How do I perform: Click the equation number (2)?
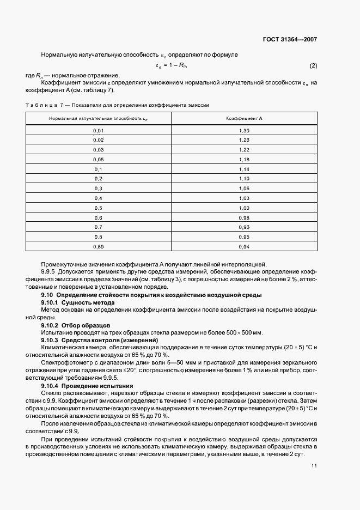click(x=313, y=66)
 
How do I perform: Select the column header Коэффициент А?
click(x=244, y=118)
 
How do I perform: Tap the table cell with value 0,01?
click(x=98, y=131)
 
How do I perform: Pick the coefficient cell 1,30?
click(x=244, y=131)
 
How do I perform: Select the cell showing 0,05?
click(x=98, y=159)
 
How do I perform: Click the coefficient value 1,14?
click(x=244, y=169)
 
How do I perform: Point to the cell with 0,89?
click(x=98, y=246)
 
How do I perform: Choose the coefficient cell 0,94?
click(x=244, y=246)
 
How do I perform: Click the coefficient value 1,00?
click(x=244, y=208)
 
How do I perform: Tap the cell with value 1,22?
click(x=244, y=149)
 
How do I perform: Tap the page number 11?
click(x=314, y=466)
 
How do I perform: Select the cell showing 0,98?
click(x=244, y=217)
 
